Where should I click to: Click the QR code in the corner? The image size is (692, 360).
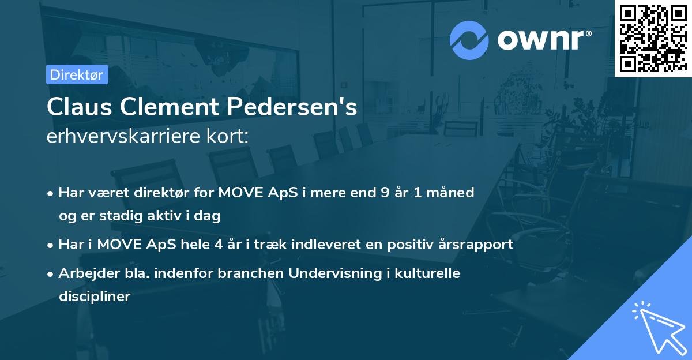[x=653, y=38]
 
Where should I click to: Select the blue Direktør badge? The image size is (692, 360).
[x=77, y=74]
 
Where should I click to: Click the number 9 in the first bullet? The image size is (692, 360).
[x=385, y=192]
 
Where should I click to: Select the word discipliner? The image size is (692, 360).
[x=95, y=297]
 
